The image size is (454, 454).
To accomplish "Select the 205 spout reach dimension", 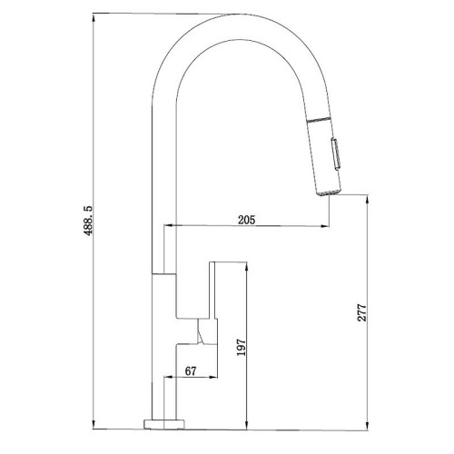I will tap(247, 219).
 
